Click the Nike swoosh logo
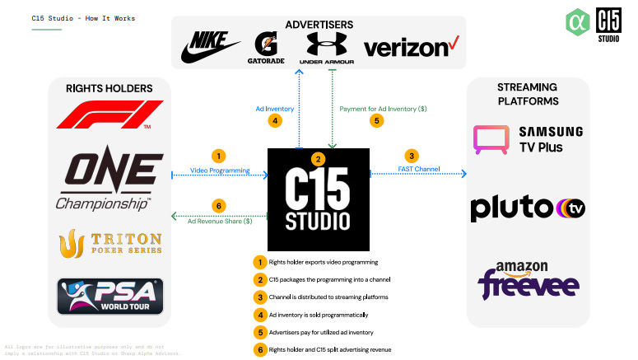[207, 49]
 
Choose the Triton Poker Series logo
[109, 243]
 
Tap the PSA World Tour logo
[109, 296]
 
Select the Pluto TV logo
[528, 208]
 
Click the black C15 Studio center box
[319, 199]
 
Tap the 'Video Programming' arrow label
[219, 170]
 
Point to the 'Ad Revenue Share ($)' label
[219, 221]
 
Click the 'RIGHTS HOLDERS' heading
[109, 88]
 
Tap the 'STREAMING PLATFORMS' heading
[528, 94]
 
